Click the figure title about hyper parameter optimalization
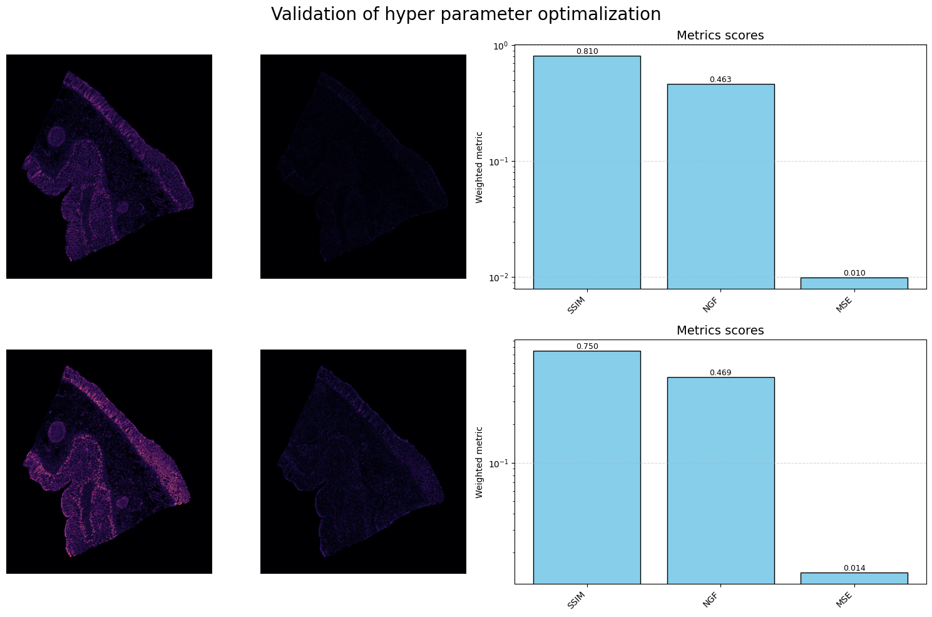pyautogui.click(x=466, y=14)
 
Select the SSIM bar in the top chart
pyautogui.click(x=586, y=172)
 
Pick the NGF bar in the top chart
pyautogui.click(x=720, y=186)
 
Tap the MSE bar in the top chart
pyautogui.click(x=854, y=283)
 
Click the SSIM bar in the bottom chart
pyautogui.click(x=586, y=467)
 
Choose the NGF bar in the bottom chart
pyautogui.click(x=720, y=480)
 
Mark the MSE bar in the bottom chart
pyautogui.click(x=854, y=578)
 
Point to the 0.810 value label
pyautogui.click(x=586, y=51)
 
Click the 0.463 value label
pyautogui.click(x=720, y=80)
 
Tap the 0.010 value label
pyautogui.click(x=854, y=273)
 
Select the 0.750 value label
pyautogui.click(x=586, y=346)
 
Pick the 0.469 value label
pyautogui.click(x=720, y=373)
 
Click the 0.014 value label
pyautogui.click(x=854, y=568)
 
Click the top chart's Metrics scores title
pyautogui.click(x=720, y=36)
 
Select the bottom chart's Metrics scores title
pyautogui.click(x=720, y=331)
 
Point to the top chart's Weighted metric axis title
pyautogui.click(x=479, y=167)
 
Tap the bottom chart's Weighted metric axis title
pyautogui.click(x=479, y=462)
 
